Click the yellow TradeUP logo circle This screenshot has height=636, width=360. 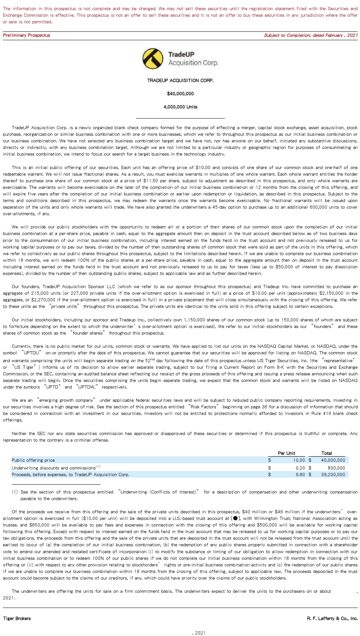coord(152,58)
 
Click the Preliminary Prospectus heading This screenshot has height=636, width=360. coord(26,35)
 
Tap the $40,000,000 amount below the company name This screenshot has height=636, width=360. coord(180,94)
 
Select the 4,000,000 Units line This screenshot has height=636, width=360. coord(180,107)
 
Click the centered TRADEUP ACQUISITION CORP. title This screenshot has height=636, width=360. coord(180,80)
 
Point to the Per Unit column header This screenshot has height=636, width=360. coord(286,453)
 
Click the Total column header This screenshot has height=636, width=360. coord(326,453)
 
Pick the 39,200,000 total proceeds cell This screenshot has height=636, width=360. coord(333,474)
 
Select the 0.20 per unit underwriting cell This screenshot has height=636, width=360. coord(300,468)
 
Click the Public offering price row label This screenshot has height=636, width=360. coord(33,460)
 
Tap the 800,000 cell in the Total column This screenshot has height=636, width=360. coord(336,468)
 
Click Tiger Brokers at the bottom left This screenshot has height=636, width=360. coord(17,618)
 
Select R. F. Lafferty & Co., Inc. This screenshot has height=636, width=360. coord(332,618)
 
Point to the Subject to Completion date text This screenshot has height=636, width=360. coord(310,35)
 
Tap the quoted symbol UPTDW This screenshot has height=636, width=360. coord(87,387)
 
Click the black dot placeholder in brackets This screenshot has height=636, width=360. coord(235,518)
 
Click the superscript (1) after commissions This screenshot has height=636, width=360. coord(98,466)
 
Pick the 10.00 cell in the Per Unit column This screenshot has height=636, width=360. coord(299,460)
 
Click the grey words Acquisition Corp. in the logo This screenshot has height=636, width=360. coord(193,63)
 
